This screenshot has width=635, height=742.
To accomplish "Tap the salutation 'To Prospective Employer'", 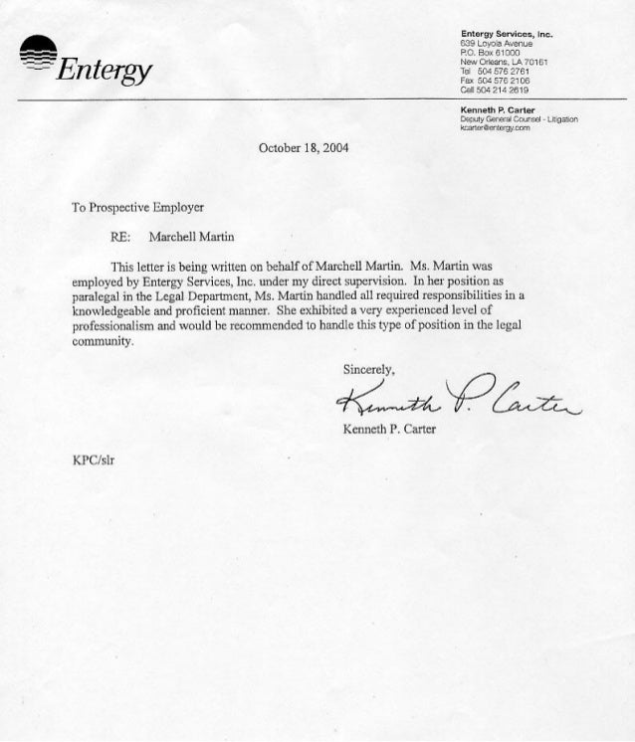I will pyautogui.click(x=137, y=208).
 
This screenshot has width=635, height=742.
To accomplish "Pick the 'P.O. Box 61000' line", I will pyautogui.click(x=485, y=54).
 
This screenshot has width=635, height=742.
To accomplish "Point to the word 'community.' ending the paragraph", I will pyautogui.click(x=102, y=340).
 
